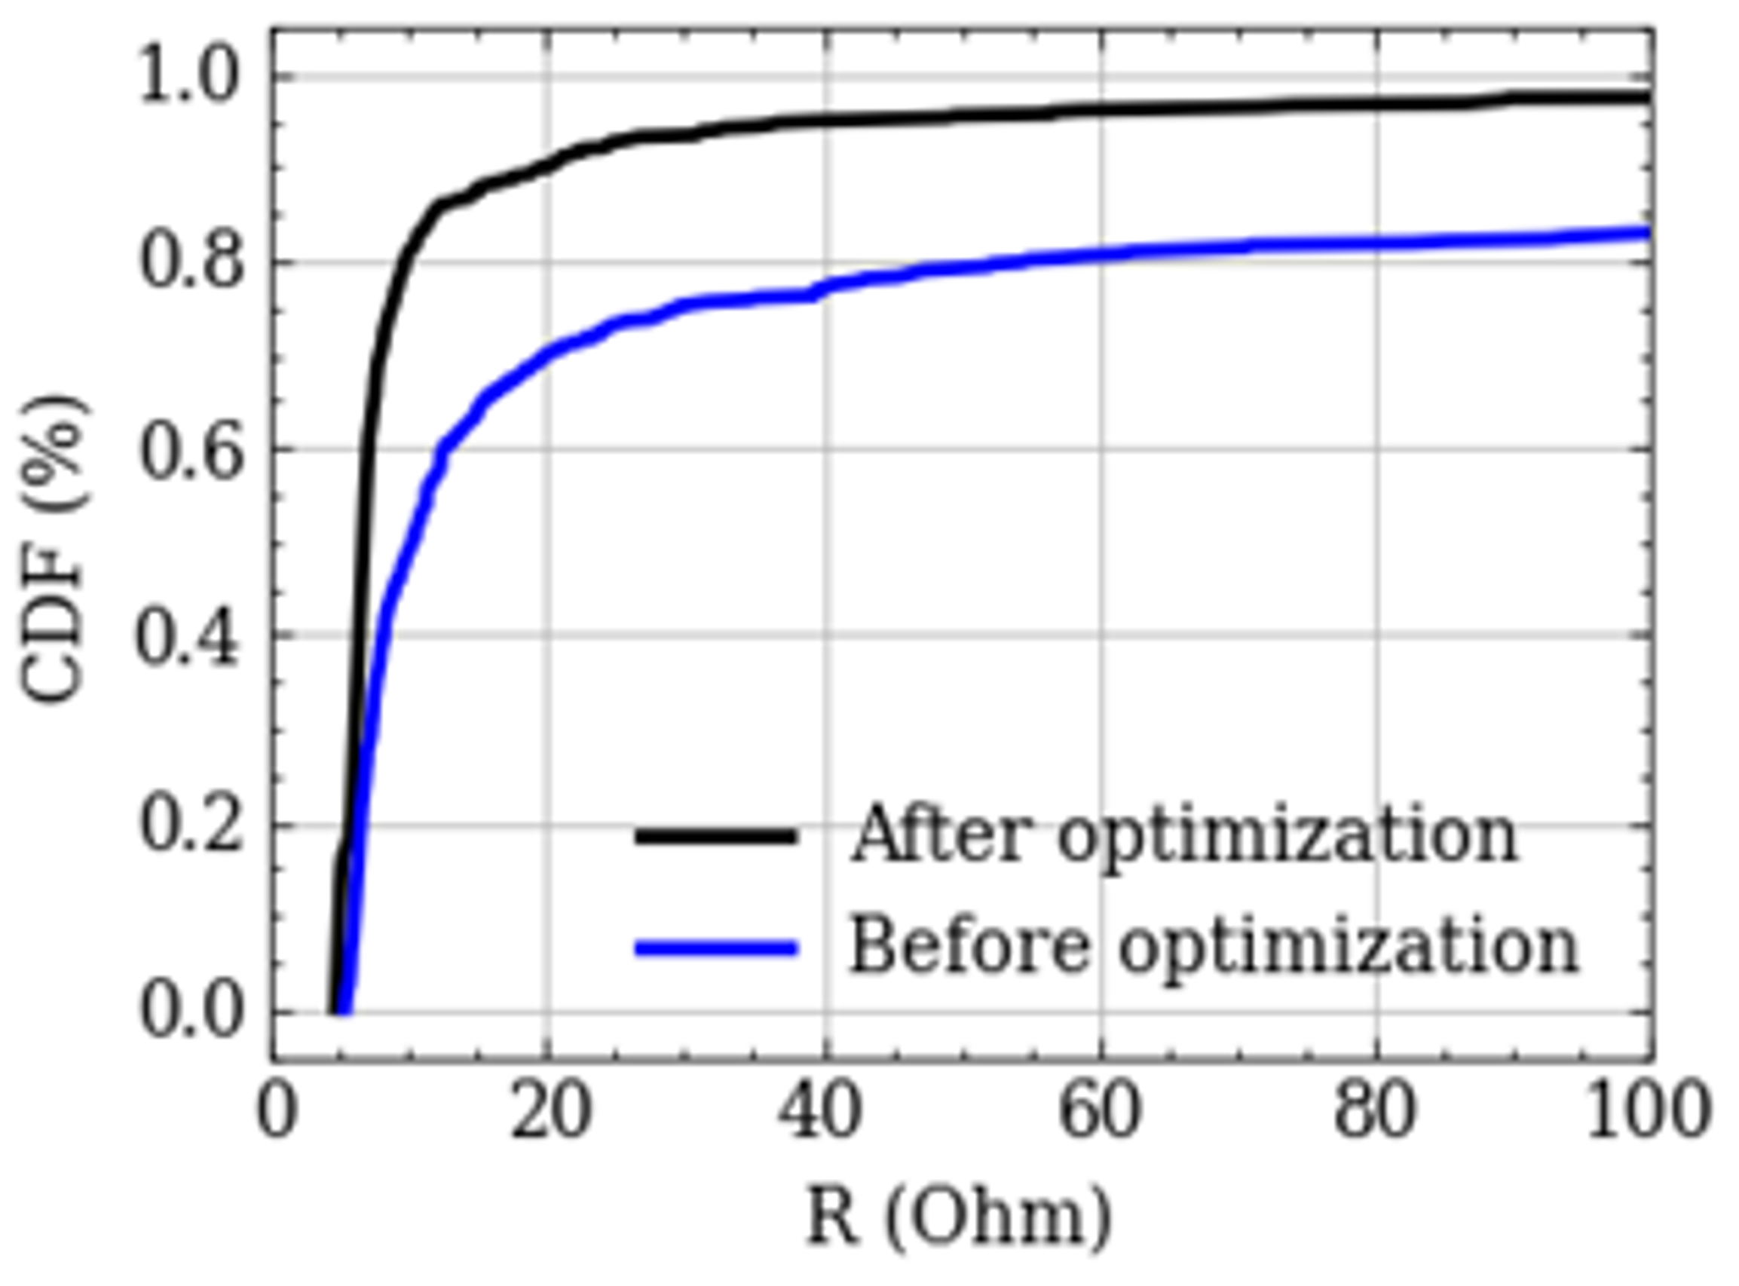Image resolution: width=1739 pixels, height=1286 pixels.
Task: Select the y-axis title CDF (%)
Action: click(x=53, y=549)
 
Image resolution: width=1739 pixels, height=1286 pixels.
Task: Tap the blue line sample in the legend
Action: click(x=716, y=948)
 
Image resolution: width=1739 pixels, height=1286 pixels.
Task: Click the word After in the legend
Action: click(x=942, y=835)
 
